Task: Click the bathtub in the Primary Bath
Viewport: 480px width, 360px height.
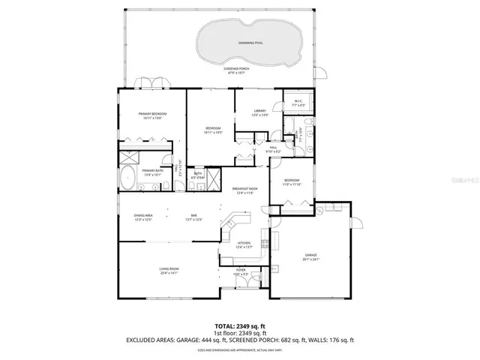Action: click(128, 180)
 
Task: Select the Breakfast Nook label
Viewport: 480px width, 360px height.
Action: click(244, 190)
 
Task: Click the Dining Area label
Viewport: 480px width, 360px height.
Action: click(144, 217)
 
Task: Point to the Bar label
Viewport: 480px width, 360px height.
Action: click(193, 217)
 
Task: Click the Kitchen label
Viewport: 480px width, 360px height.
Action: click(244, 244)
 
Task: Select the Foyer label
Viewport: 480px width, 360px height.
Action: click(241, 271)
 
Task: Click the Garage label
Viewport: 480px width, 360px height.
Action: click(310, 257)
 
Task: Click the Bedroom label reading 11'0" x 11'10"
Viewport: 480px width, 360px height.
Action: click(291, 182)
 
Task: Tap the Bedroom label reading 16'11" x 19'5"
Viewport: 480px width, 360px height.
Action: click(213, 130)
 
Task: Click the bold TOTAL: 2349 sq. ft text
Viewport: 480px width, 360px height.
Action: click(239, 327)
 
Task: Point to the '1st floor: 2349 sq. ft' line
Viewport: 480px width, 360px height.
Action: click(239, 334)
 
